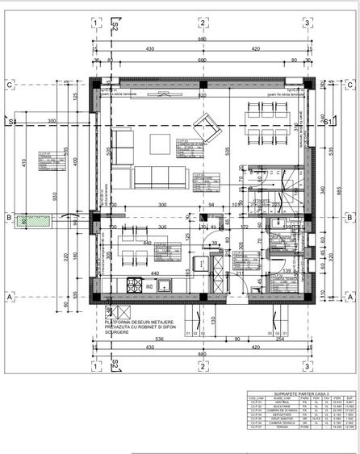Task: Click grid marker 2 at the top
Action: coord(201,23)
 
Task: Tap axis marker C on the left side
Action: coord(9,84)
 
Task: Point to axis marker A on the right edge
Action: coord(350,297)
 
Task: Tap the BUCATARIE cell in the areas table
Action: coord(282,406)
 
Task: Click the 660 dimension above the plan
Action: coord(203,60)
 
